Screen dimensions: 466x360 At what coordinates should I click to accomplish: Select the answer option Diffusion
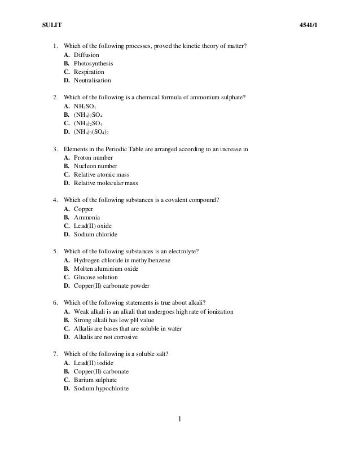86,55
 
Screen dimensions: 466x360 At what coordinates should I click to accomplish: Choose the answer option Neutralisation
93,81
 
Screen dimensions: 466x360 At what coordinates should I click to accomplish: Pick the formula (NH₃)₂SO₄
88,123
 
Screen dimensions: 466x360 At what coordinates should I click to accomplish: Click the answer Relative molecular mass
106,183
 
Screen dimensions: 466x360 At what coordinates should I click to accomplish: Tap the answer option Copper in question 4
84,209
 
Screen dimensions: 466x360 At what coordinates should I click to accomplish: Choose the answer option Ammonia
87,217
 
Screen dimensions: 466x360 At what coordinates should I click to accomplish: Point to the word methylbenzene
151,260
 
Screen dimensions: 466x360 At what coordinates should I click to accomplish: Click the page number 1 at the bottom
179,420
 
